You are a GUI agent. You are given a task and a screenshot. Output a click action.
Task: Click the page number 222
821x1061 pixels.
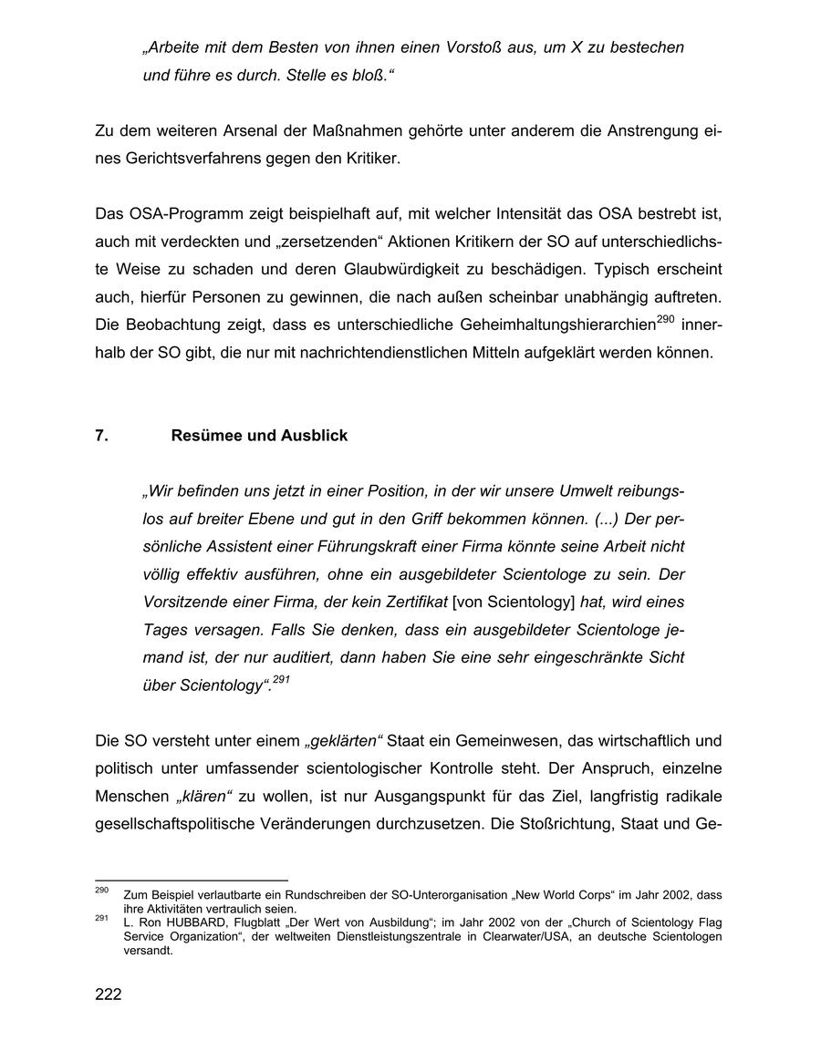tap(109, 994)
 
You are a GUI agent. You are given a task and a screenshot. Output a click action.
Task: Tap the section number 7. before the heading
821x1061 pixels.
tap(102, 436)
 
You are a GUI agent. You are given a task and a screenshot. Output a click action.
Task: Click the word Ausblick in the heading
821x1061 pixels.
tap(317, 436)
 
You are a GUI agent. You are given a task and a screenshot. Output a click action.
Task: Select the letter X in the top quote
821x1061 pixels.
tap(577, 46)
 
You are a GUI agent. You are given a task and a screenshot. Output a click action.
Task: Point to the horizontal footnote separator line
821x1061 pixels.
tap(191, 880)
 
